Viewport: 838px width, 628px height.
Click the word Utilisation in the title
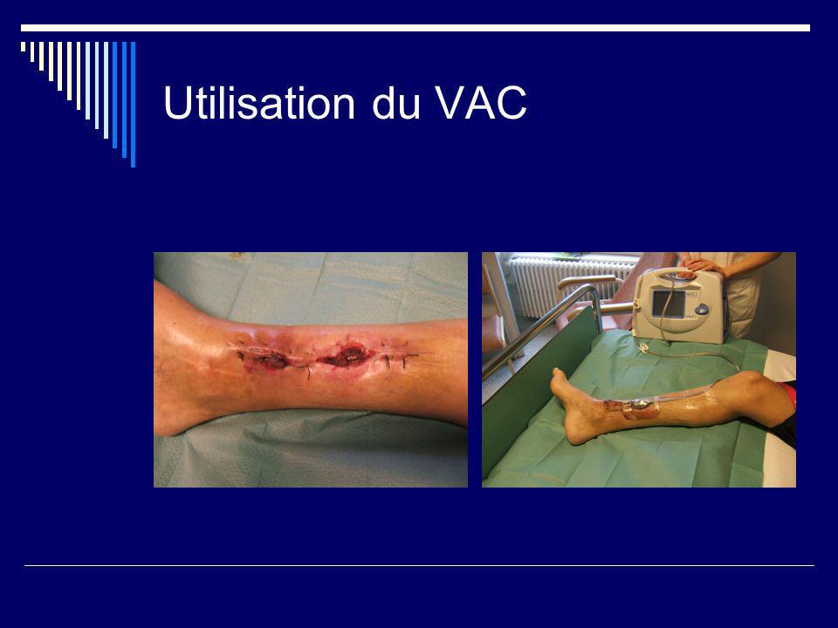pyautogui.click(x=259, y=102)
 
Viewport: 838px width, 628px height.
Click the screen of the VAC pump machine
pyautogui.click(x=668, y=304)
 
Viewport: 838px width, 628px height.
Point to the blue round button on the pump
pyautogui.click(x=701, y=310)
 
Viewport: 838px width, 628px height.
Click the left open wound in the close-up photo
pyautogui.click(x=264, y=358)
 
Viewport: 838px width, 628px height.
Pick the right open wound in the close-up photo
pyautogui.click(x=347, y=355)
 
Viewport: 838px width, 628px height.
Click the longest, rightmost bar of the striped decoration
pyautogui.click(x=133, y=104)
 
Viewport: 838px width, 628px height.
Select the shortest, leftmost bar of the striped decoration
pyautogui.click(x=23, y=46)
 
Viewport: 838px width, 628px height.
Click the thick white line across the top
pyautogui.click(x=416, y=28)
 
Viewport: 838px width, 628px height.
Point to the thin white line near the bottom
pyautogui.click(x=419, y=565)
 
